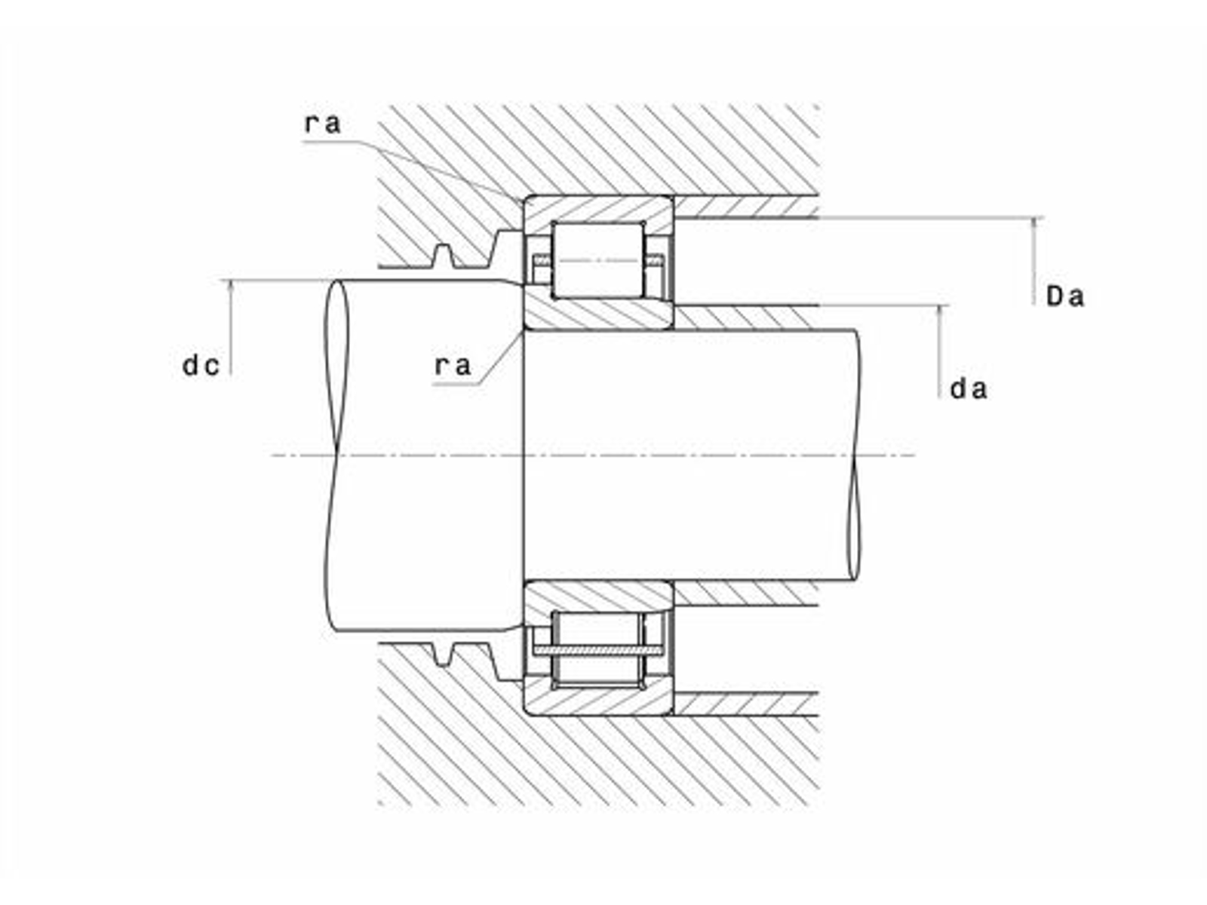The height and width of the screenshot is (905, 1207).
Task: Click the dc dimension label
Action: click(x=201, y=366)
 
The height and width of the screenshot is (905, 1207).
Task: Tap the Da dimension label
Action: click(x=1064, y=296)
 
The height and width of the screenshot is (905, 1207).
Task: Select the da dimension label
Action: click(x=969, y=390)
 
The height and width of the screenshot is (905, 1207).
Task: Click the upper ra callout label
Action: click(x=323, y=124)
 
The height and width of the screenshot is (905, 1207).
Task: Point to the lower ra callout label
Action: click(x=452, y=366)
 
